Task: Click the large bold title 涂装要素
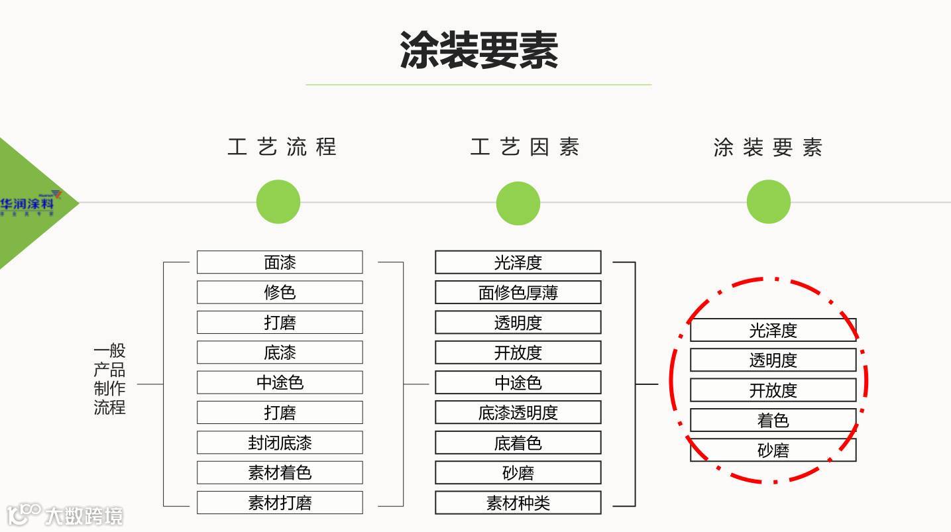coord(478,50)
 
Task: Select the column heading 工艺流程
coord(282,146)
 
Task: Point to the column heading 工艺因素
coord(524,146)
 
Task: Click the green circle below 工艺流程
coord(278,202)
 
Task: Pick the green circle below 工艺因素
coord(518,203)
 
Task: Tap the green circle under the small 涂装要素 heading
coord(769,202)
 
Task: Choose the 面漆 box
coord(280,262)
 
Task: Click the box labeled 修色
coord(280,292)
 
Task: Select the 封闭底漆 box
coord(280,443)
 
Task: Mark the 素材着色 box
coord(280,472)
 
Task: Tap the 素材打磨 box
coord(280,503)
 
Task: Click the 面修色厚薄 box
coord(518,292)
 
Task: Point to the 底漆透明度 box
coord(518,413)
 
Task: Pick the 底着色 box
coord(518,443)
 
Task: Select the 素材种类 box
coord(518,503)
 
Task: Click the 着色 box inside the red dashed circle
coord(773,420)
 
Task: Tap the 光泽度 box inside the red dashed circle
coord(773,330)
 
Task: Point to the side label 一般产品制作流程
coord(109,379)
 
